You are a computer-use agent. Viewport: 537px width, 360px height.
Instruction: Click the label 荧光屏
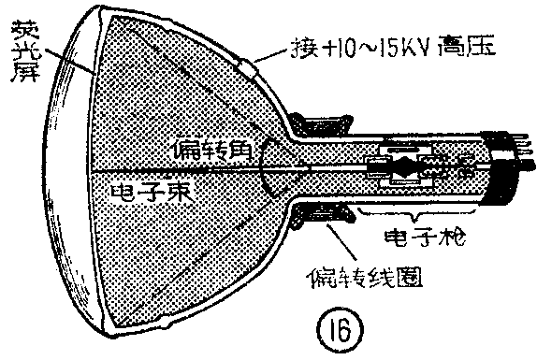(22, 41)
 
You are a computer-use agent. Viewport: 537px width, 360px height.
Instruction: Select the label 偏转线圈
(361, 278)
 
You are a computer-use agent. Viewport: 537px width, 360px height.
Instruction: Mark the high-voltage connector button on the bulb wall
(247, 67)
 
